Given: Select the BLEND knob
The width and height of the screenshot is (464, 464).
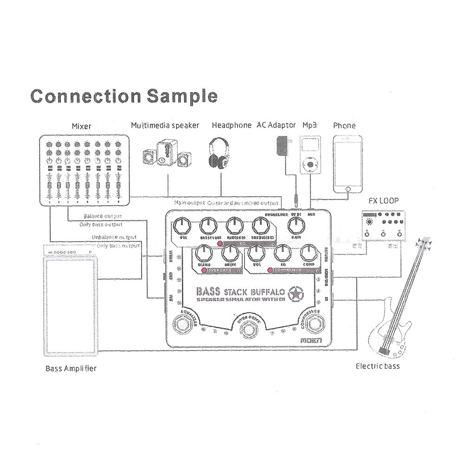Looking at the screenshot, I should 204,253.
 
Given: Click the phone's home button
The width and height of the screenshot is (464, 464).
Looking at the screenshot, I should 347,188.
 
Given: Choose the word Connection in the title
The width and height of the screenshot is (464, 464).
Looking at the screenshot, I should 85,96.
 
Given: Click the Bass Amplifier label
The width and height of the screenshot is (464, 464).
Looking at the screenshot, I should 71,369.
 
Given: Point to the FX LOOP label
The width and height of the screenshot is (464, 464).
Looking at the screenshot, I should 383,202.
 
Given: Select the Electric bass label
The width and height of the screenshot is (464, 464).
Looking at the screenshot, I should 378,366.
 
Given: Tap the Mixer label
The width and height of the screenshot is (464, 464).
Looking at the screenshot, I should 82,126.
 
